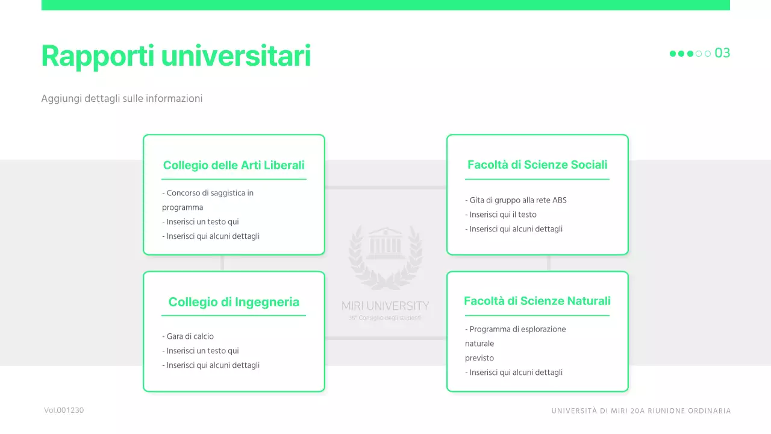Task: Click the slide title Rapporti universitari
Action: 176,56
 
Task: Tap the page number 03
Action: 722,53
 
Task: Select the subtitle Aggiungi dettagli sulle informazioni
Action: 122,98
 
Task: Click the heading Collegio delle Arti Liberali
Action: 234,165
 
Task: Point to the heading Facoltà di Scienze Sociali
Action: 537,165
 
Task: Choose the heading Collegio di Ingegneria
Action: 234,302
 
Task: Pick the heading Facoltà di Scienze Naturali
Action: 537,301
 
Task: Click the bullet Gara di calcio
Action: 188,336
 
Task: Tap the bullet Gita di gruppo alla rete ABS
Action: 516,200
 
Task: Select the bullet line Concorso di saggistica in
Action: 208,193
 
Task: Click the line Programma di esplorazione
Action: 516,329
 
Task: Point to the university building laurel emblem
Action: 385,256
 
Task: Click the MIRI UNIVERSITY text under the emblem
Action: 385,306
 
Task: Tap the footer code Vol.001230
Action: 64,410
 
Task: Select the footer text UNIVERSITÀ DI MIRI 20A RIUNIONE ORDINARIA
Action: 641,411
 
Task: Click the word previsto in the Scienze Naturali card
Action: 479,358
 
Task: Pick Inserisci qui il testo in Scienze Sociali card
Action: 501,215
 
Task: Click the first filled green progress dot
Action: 673,54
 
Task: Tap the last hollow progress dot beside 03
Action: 708,54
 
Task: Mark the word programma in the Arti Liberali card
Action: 183,207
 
